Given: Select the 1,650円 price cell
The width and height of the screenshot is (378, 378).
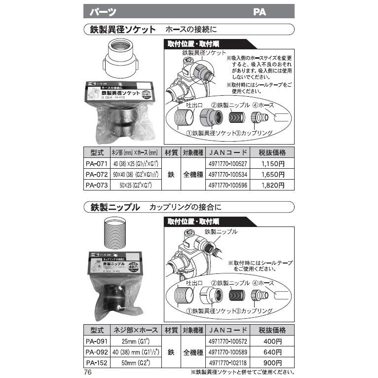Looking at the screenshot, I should click(x=272, y=175).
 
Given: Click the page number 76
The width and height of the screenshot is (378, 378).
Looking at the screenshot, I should click(x=88, y=373).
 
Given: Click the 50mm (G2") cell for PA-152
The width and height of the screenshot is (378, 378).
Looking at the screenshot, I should click(x=136, y=363).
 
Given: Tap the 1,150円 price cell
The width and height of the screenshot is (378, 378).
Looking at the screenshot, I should click(x=272, y=163).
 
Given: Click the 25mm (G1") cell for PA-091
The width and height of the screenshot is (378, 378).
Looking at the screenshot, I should click(x=136, y=341).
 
